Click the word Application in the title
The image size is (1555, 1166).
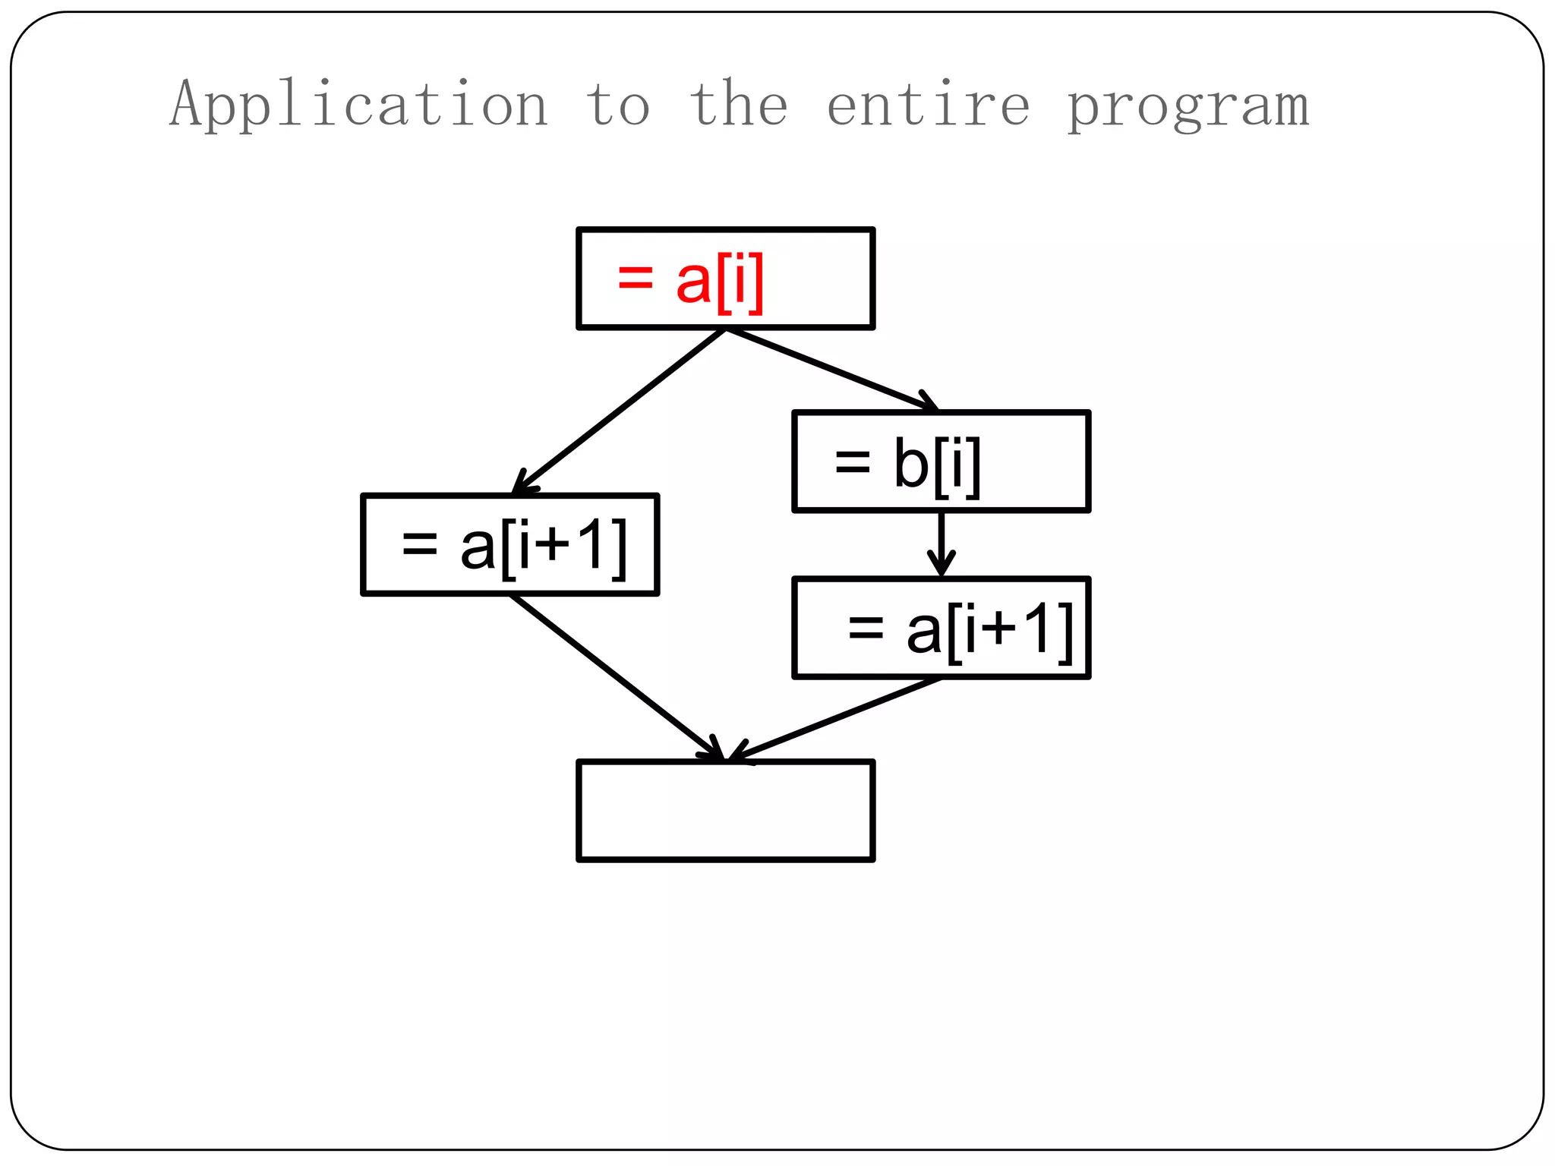click(358, 105)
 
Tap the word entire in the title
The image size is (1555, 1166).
click(928, 105)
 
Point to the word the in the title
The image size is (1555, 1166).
click(739, 105)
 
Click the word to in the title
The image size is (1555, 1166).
click(617, 105)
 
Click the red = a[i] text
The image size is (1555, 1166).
click(690, 281)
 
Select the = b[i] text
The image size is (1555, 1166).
click(907, 464)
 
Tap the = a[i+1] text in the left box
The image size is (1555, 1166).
click(514, 546)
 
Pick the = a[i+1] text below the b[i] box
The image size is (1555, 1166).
click(960, 629)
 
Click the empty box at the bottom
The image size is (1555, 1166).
click(726, 811)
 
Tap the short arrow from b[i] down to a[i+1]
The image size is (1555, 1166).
click(941, 543)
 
